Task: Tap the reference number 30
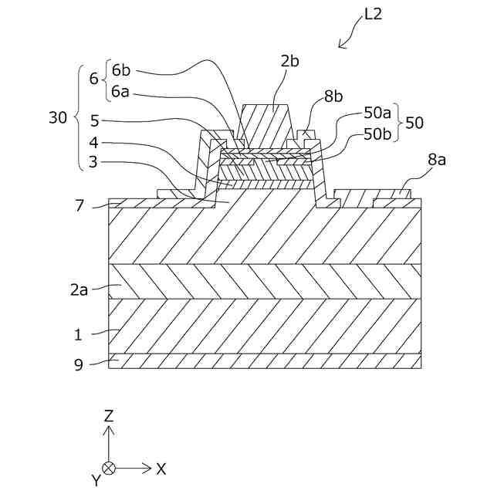pyautogui.click(x=58, y=117)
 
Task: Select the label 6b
pyautogui.click(x=121, y=70)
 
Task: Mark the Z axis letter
pyautogui.click(x=109, y=415)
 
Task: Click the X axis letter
pyautogui.click(x=161, y=468)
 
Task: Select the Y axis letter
pyautogui.click(x=96, y=480)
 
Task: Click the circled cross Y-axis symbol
pyautogui.click(x=110, y=468)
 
